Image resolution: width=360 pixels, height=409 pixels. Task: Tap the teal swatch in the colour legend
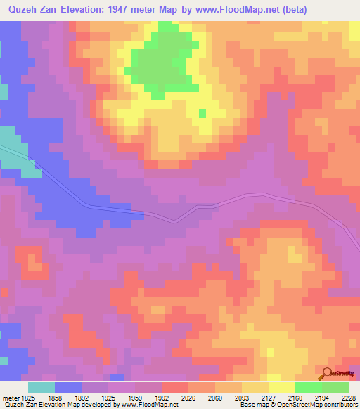(41, 387)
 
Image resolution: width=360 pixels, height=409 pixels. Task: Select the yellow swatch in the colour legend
(282, 387)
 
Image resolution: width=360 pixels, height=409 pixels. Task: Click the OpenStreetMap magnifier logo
(327, 373)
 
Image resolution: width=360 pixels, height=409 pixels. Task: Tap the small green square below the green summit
(202, 113)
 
